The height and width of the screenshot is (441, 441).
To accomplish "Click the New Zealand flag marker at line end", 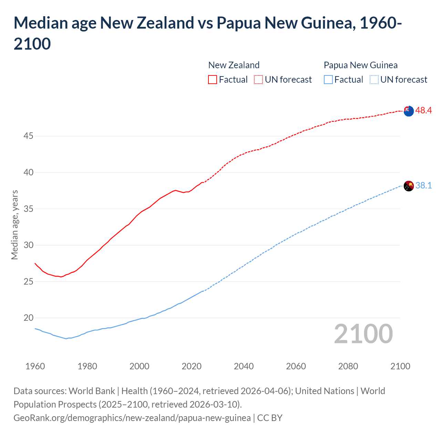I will (x=409, y=111).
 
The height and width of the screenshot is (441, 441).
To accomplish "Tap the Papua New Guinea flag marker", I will (x=409, y=186).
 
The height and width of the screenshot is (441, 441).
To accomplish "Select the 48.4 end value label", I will (x=423, y=111).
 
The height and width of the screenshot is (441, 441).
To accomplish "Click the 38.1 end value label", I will (x=423, y=186).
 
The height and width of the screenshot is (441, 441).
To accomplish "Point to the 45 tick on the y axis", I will (x=28, y=136).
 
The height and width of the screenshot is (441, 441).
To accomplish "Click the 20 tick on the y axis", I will (x=28, y=318).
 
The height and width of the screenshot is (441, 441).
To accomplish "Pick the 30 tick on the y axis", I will (x=28, y=245).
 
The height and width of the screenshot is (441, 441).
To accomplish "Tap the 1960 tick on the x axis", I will (x=35, y=366).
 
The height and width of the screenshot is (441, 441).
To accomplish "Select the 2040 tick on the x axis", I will (x=244, y=366).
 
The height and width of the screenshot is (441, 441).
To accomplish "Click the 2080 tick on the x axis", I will (x=348, y=366).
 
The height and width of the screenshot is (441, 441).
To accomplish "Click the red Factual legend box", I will (x=213, y=80).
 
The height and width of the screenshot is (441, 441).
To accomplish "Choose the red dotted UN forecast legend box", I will (x=258, y=80).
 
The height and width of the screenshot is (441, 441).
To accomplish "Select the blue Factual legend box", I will (x=328, y=80).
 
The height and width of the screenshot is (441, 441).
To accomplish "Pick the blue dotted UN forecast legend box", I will (x=374, y=80).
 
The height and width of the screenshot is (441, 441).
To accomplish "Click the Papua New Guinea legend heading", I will (x=360, y=65).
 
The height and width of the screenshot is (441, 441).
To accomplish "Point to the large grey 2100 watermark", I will (x=363, y=334).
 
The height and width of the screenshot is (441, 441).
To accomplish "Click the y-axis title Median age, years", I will (x=14, y=225).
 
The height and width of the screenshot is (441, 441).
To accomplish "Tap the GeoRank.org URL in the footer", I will (x=132, y=418).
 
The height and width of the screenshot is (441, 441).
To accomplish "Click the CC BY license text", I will (x=270, y=418).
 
